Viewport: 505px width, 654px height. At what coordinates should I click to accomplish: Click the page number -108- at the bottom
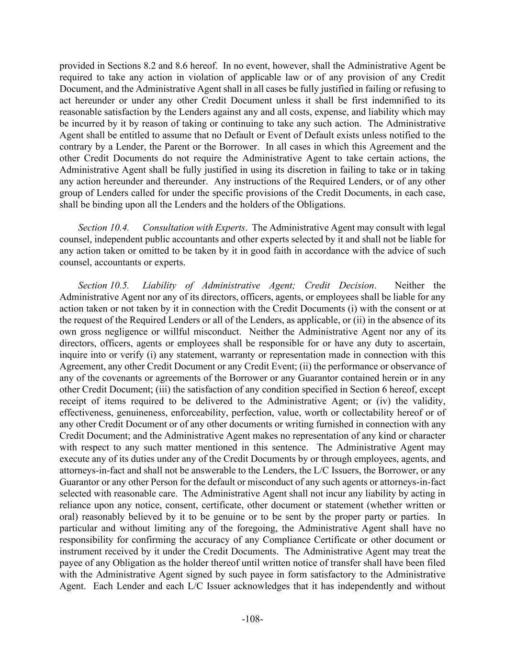tap(252, 619)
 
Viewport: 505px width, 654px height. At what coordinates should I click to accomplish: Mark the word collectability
tap(382, 413)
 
